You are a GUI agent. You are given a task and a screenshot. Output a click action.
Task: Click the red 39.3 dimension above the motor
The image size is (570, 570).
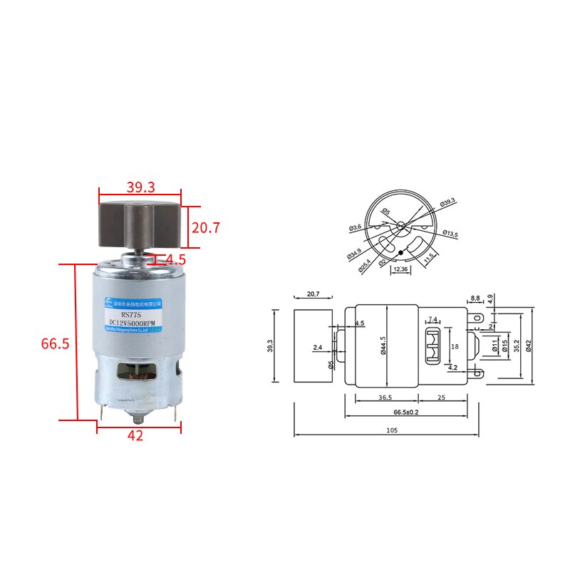coord(141,187)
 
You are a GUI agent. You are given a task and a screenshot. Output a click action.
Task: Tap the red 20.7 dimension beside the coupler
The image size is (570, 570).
coord(206,228)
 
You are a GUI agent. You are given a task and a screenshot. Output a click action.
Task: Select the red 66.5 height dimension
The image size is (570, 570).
coord(55,343)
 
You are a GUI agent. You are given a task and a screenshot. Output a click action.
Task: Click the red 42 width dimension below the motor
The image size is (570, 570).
coord(135,436)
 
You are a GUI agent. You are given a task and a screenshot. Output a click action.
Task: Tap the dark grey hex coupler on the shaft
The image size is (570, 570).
coord(140,224)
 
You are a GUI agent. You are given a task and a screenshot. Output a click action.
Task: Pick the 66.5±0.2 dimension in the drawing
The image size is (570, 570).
coord(407,412)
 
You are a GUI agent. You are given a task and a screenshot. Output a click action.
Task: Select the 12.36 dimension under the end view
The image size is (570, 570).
coord(400,269)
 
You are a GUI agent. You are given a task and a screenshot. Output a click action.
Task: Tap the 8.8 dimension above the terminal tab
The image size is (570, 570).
coord(475,298)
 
